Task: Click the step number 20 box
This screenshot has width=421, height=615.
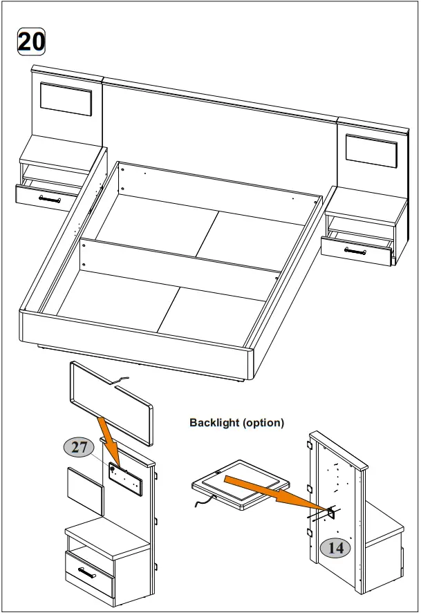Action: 31,41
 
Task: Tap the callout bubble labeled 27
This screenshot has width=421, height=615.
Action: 80,448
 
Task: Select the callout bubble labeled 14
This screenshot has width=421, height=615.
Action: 335,548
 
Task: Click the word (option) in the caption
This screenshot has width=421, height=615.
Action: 263,423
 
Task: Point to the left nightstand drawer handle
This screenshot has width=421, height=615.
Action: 49,198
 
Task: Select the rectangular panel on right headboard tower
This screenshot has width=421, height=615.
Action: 371,151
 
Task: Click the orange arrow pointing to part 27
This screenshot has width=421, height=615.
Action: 109,438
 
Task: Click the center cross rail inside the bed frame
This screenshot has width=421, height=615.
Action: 180,259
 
